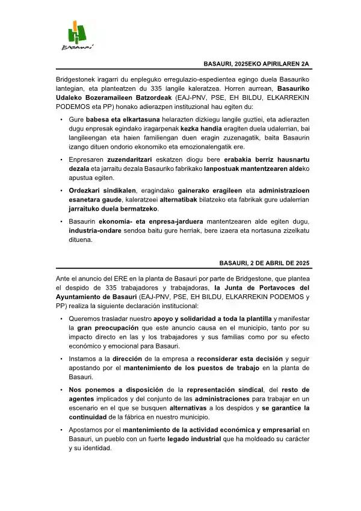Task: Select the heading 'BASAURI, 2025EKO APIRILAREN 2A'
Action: point(256,64)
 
